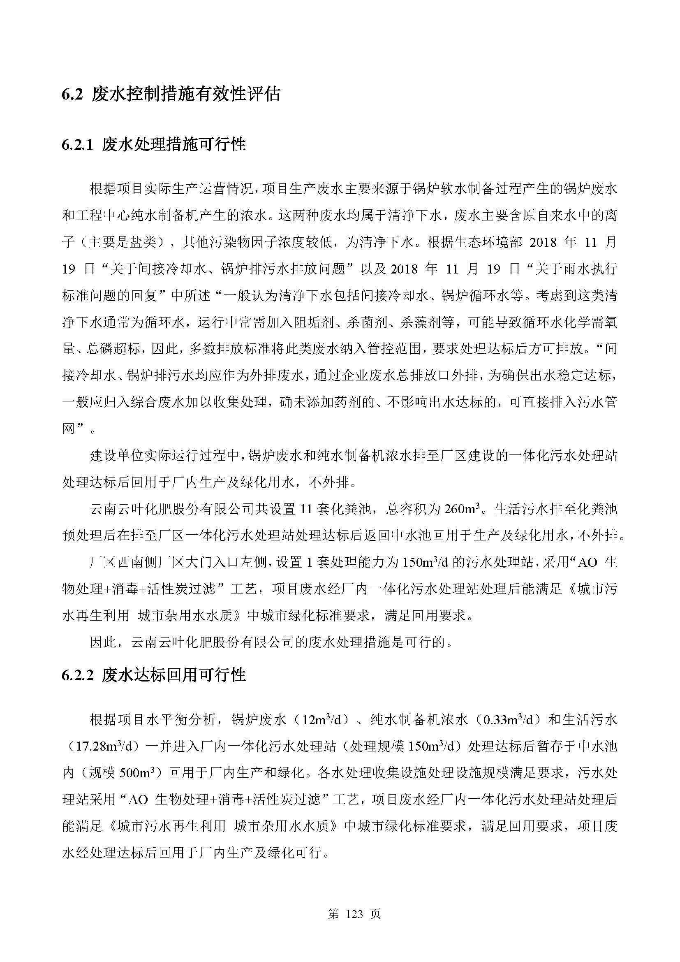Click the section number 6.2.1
point(77,145)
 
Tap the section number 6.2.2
point(77,675)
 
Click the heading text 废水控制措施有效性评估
point(186,95)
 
